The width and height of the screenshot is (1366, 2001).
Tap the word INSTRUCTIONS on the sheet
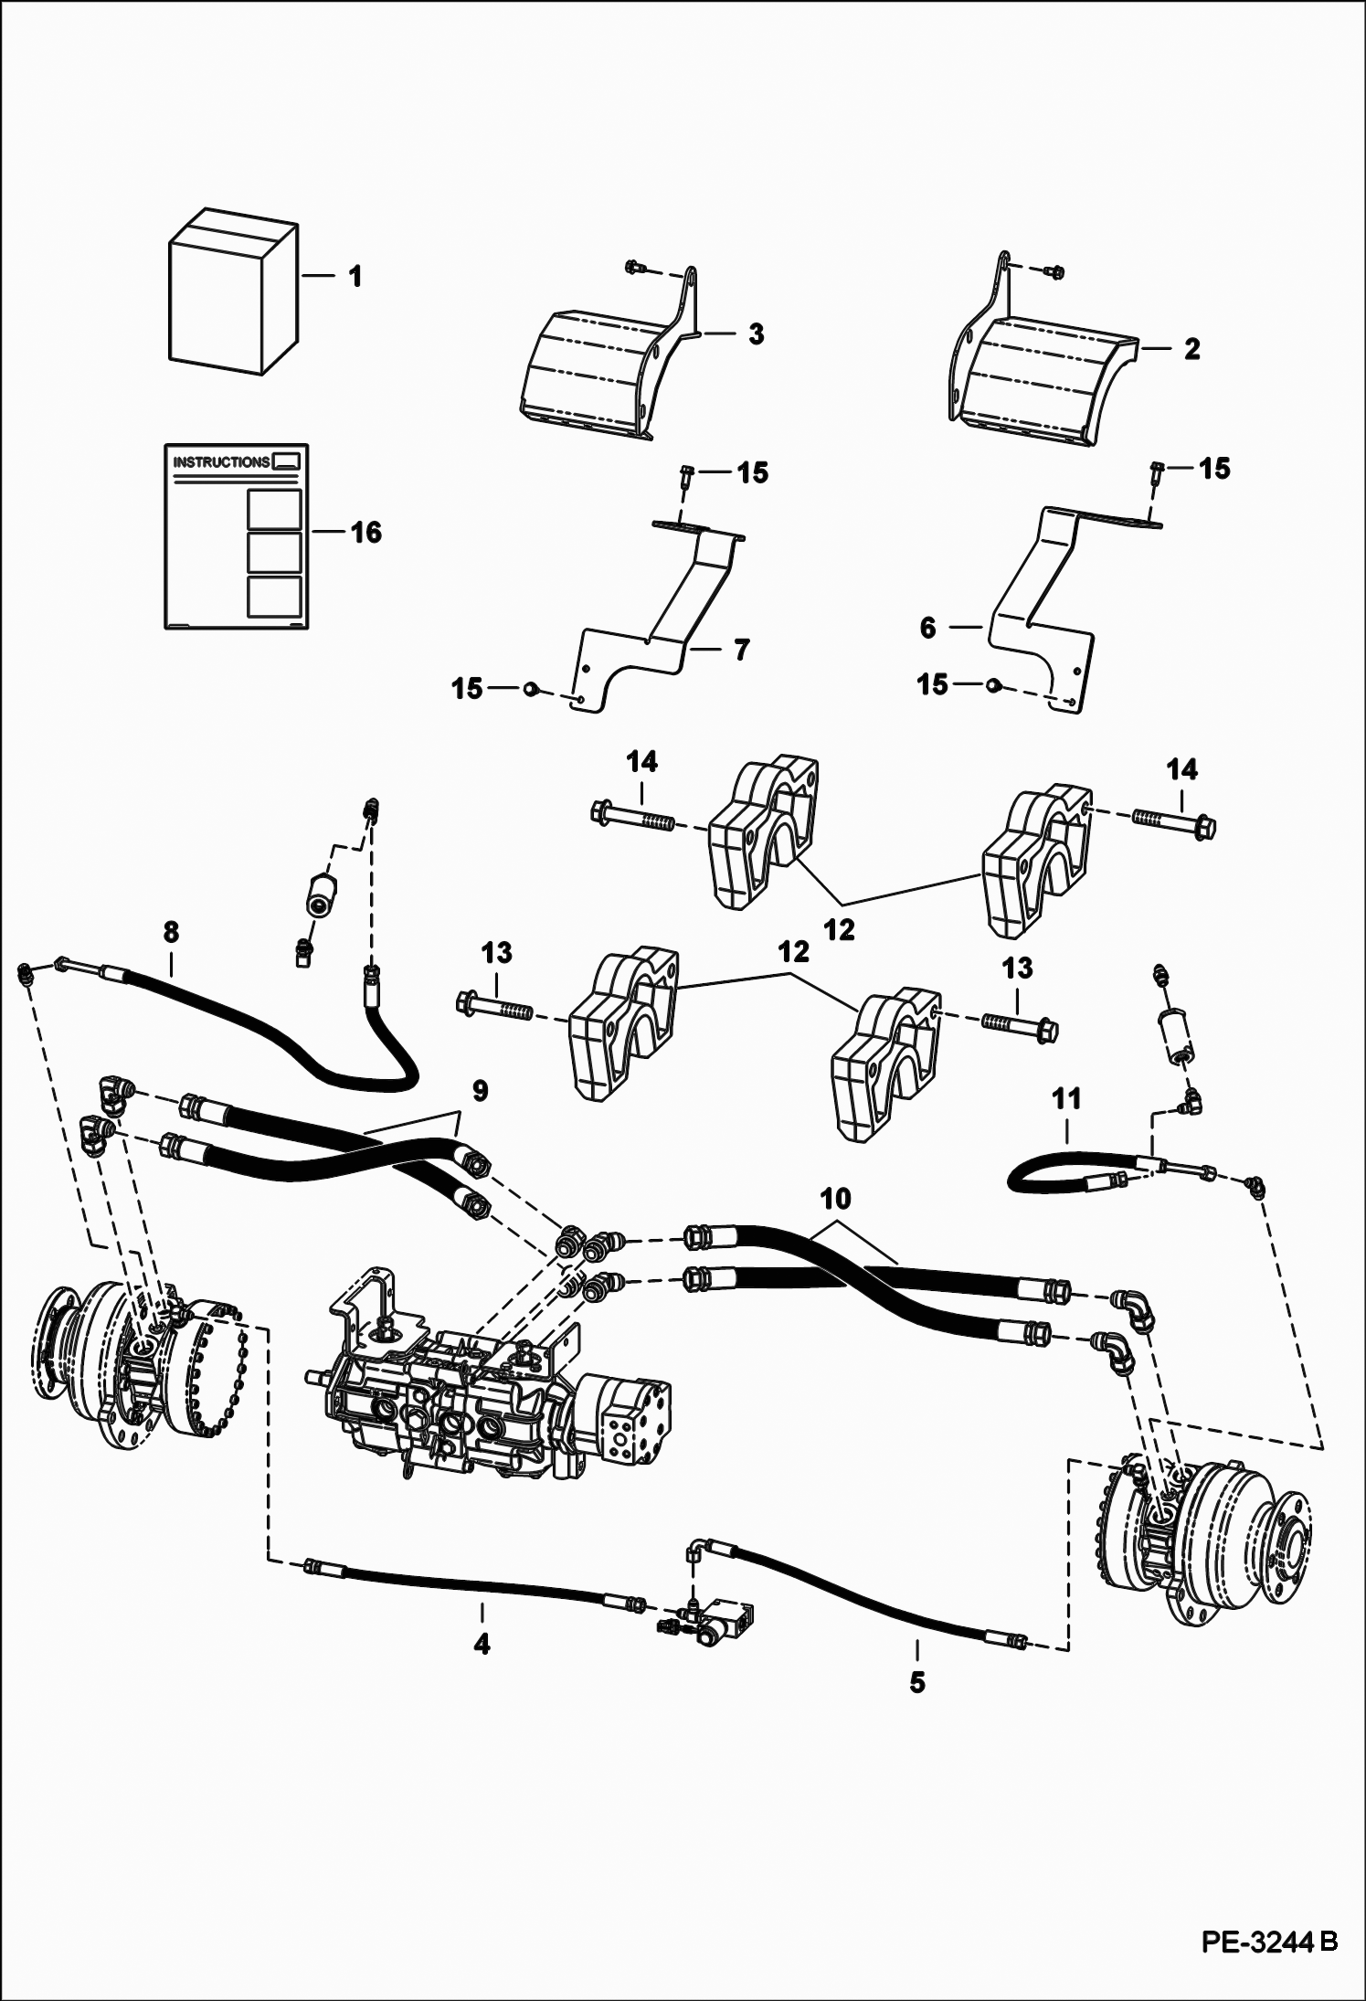pos(221,461)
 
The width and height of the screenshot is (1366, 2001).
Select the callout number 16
pos(366,532)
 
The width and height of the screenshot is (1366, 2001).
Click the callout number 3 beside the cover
pos(756,334)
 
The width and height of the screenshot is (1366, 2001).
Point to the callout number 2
pos(1191,349)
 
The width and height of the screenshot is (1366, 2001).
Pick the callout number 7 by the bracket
pos(741,650)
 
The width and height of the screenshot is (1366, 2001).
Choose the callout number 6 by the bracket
pos(928,629)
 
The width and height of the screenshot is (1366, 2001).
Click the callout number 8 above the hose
pos(171,932)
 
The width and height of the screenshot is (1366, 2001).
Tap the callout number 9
pos(480,1090)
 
